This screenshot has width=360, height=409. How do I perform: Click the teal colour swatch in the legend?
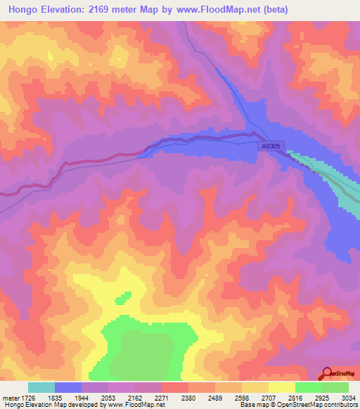(x=41, y=387)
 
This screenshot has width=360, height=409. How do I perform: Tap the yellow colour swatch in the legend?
(x=282, y=387)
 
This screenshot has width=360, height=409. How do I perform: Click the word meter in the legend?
(x=11, y=397)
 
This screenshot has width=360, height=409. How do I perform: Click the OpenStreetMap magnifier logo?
(x=327, y=372)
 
